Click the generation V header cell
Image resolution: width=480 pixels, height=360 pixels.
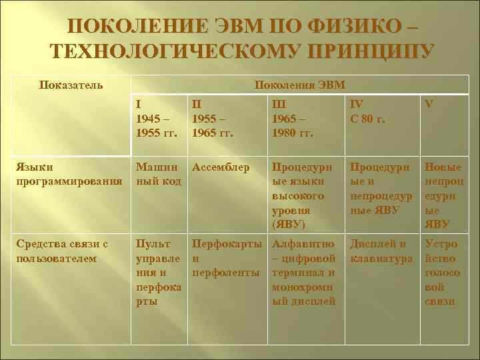pyautogui.click(x=430, y=105)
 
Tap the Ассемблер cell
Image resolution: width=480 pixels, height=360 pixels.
pyautogui.click(x=221, y=167)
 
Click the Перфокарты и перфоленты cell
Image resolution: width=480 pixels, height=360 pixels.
pyautogui.click(x=226, y=258)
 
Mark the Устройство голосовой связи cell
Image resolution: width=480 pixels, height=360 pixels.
pyautogui.click(x=440, y=272)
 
